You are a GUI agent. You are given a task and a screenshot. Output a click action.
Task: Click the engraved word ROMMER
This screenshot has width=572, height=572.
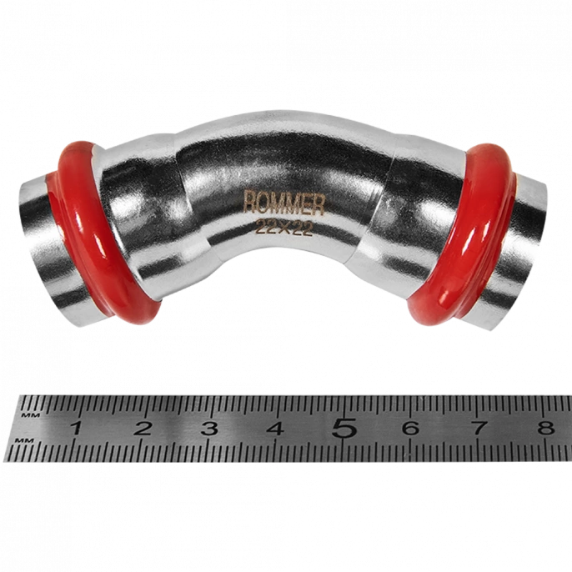[x=283, y=203]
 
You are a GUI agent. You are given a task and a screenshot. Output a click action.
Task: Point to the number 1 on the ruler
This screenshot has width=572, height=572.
[x=76, y=427]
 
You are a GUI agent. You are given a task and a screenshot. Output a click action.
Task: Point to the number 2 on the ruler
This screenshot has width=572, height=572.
[x=143, y=428]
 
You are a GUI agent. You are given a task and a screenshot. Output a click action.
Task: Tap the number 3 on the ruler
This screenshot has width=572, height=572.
[x=209, y=428]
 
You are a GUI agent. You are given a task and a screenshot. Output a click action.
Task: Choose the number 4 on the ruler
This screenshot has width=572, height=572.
[x=275, y=428]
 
